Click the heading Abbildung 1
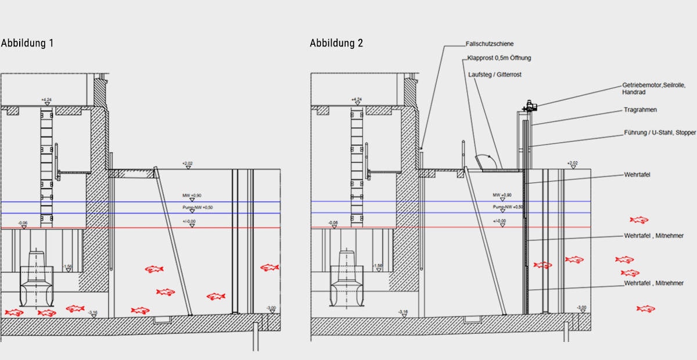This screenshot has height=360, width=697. [27, 43]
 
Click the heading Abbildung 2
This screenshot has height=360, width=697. [336, 43]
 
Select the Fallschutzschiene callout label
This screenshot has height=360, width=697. [490, 44]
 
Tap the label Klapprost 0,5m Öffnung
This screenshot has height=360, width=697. [499, 58]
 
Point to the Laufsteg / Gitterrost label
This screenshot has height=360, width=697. [494, 74]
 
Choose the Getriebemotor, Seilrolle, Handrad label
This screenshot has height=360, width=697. [653, 88]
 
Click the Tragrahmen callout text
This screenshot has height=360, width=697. [640, 110]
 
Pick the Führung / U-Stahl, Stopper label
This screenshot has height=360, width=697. [660, 133]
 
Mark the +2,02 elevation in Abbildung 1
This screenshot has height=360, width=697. [187, 164]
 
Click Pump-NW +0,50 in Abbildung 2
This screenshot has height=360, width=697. [508, 207]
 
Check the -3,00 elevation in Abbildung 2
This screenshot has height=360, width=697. [581, 307]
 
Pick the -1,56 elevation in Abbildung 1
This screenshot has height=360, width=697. [69, 266]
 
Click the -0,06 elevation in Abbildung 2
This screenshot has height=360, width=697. [333, 222]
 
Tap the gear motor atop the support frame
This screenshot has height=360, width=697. [530, 106]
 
